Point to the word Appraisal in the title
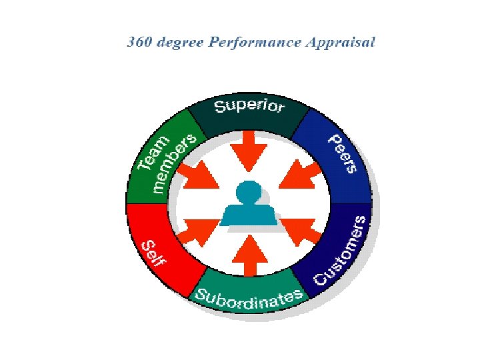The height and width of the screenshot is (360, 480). (340, 43)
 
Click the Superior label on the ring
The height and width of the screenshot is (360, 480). (249, 106)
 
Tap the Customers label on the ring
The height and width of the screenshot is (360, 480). (341, 250)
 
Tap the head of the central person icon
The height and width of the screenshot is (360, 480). (248, 191)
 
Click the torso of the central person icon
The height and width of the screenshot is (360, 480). (248, 214)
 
